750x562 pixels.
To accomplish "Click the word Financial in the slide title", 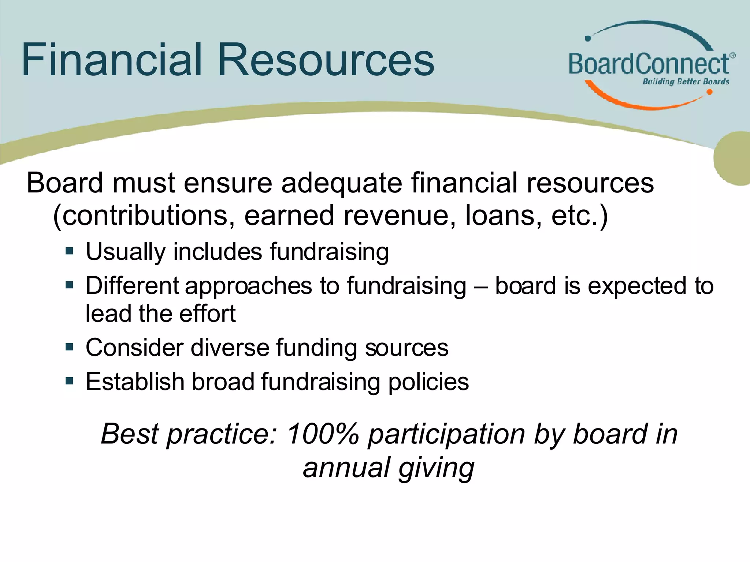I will click(112, 60).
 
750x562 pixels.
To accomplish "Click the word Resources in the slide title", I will click(326, 60).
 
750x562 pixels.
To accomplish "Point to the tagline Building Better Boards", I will click(686, 81).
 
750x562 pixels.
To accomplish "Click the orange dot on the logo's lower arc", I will click(709, 92).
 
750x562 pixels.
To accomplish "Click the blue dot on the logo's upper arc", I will click(588, 38).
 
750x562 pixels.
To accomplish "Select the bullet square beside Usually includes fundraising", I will click(70, 251).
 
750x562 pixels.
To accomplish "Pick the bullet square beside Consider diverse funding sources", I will click(70, 346).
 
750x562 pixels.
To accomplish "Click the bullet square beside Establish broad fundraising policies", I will click(70, 381).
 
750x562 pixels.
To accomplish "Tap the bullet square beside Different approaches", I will click(70, 285).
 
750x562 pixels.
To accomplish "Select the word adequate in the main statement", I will click(342, 183).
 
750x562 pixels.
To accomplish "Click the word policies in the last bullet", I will click(428, 382).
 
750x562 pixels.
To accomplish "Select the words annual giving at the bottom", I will click(388, 468).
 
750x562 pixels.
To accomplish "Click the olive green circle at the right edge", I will click(732, 158).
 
